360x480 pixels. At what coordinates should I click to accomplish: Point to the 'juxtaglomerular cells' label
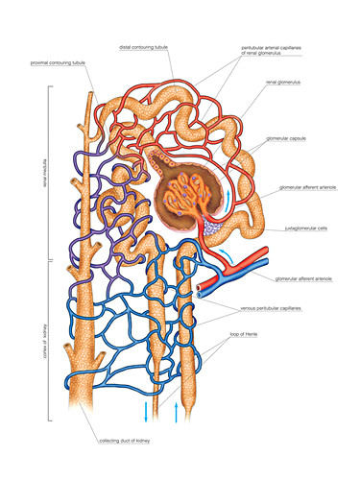(306, 229)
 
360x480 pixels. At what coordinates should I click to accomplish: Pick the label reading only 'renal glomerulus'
(284, 83)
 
